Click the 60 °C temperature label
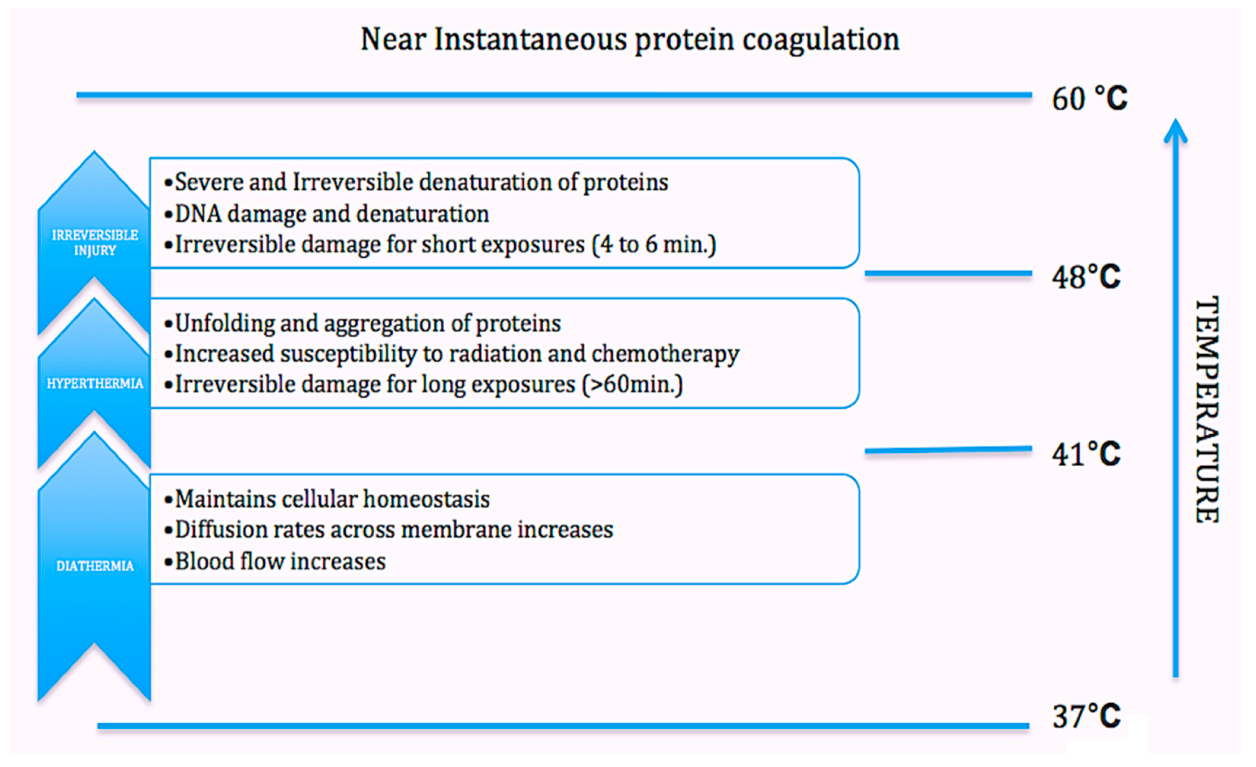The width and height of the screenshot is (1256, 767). point(1090,98)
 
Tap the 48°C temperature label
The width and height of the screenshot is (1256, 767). point(1086,277)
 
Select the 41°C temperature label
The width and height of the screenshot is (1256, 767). point(1086,454)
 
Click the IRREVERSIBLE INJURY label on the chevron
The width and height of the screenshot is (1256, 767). point(95,243)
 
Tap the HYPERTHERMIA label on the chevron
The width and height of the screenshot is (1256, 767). point(95,383)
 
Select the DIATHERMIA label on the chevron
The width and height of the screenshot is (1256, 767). point(95,566)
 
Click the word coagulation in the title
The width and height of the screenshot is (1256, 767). point(821,40)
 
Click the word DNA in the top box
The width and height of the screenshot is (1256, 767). point(198,213)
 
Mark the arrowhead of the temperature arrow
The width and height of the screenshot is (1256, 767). point(1176,131)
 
